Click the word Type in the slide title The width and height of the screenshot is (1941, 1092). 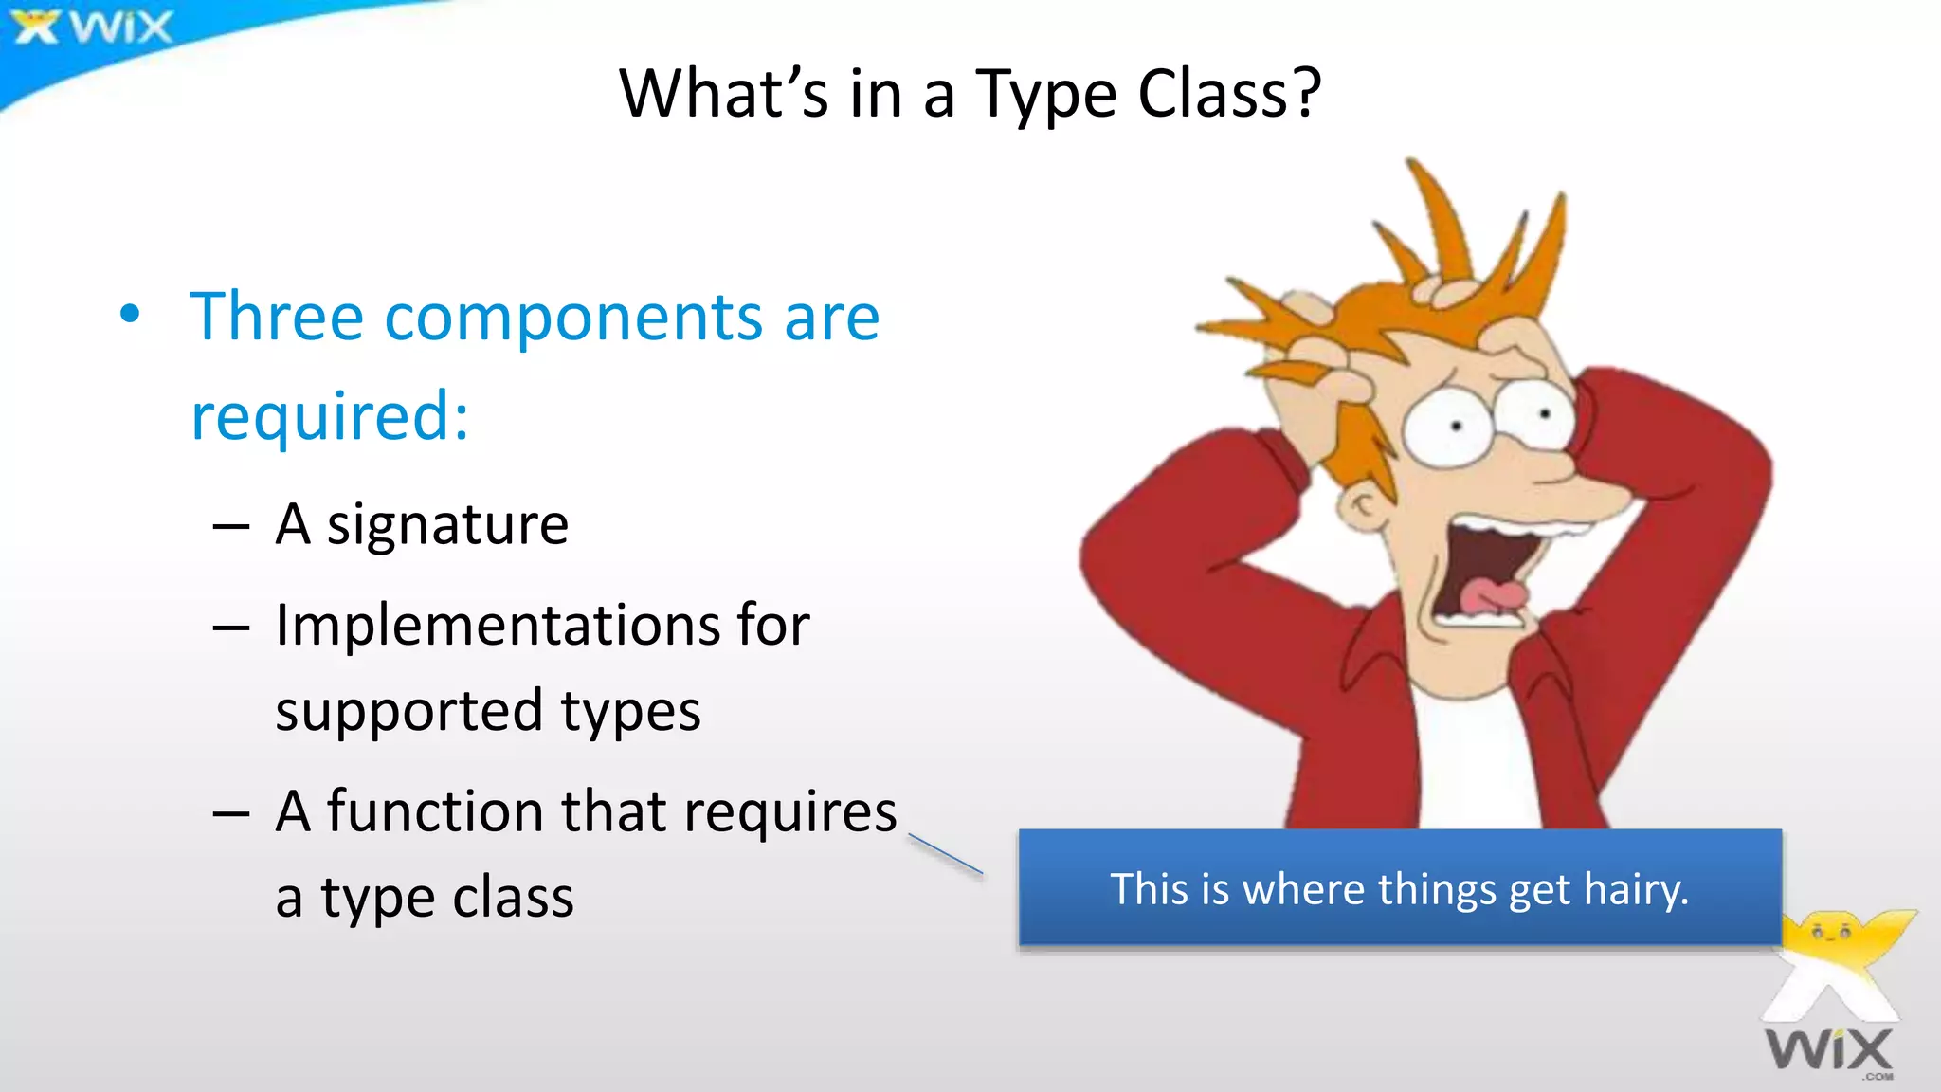point(1046,95)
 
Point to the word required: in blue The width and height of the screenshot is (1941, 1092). point(330,417)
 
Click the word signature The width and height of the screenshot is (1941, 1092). point(447,525)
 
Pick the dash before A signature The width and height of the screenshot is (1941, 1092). point(231,527)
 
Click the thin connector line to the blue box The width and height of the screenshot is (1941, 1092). point(945,854)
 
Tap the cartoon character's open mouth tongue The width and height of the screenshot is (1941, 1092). point(1492,596)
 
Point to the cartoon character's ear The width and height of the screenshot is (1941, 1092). point(1365,508)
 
